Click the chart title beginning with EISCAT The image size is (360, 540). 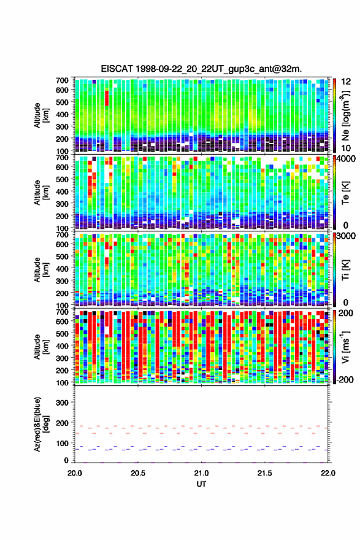201,69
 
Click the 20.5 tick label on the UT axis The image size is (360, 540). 137,473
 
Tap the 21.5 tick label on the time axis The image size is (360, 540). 264,473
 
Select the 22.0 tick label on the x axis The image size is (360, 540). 327,473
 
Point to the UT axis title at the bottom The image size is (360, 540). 201,484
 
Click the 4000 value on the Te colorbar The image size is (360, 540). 345,159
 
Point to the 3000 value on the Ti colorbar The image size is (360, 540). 345,236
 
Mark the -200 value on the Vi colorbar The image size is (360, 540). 344,380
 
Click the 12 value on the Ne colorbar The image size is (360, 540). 345,82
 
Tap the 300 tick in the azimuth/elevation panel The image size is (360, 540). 62,403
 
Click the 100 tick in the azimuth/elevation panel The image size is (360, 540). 62,443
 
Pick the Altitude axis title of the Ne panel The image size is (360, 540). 40,115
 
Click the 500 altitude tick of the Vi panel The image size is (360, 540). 62,333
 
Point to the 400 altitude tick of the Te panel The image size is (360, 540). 62,191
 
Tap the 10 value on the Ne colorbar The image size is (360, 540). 345,148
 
